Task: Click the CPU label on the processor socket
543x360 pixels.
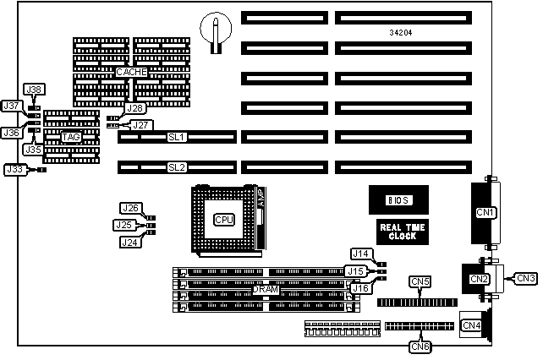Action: coord(224,220)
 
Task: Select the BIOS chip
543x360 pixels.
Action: coord(397,201)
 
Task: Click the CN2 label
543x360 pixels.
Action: coord(478,277)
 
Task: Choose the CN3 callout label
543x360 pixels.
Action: coord(525,277)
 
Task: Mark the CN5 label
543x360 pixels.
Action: coord(420,281)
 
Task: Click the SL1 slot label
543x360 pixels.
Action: coord(177,136)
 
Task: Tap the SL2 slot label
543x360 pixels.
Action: coord(177,167)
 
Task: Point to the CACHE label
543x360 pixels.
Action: coord(132,73)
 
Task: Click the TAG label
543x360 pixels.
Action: coord(71,136)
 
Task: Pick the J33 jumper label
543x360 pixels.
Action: coord(14,169)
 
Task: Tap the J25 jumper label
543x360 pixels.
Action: coord(124,225)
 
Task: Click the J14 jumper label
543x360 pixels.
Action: coord(361,254)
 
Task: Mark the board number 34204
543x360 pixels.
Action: coord(378,32)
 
